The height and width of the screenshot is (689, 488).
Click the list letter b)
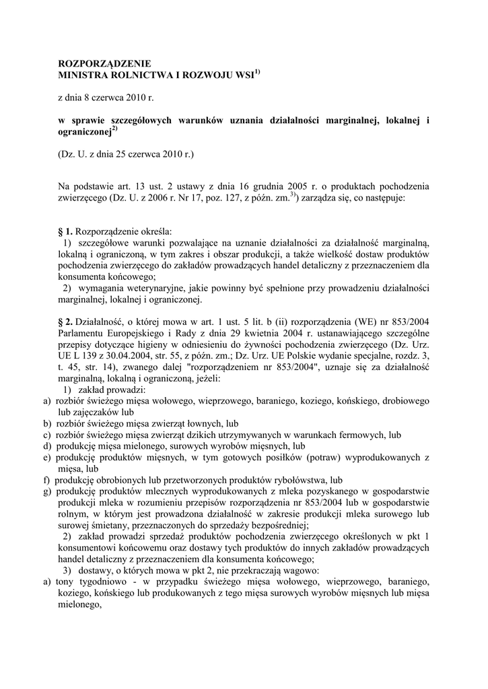pyautogui.click(x=47, y=425)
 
